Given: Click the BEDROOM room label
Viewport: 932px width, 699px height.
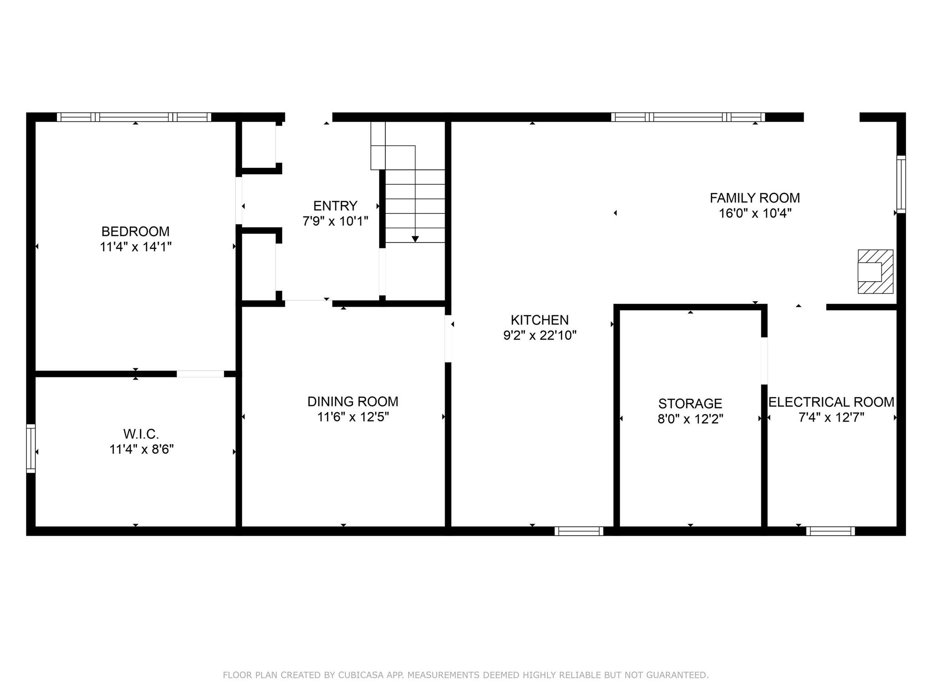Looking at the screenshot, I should click(x=135, y=231).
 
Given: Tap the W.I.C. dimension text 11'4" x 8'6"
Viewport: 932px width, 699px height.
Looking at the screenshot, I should click(x=142, y=449).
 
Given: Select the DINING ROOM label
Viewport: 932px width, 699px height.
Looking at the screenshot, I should click(x=353, y=401).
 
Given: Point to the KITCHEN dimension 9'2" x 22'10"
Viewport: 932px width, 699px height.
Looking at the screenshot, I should click(x=540, y=335).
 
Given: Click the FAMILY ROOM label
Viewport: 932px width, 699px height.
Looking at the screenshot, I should click(x=755, y=198).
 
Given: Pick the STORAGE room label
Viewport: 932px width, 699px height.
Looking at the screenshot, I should click(x=690, y=404).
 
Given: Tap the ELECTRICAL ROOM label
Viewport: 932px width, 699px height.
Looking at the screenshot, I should click(x=831, y=402).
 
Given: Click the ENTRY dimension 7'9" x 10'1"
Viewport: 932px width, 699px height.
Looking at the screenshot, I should click(x=335, y=221).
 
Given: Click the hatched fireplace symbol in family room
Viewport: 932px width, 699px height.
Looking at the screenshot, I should click(x=875, y=271).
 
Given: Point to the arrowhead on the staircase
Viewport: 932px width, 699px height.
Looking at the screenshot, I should click(x=415, y=239).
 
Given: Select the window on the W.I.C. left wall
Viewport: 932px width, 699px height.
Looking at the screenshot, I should click(x=30, y=448).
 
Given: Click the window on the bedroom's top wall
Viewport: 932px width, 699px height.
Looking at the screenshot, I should click(x=134, y=117).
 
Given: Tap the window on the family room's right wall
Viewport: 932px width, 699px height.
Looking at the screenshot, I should click(x=901, y=184).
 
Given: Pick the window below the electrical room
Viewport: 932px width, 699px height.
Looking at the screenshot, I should click(x=830, y=531).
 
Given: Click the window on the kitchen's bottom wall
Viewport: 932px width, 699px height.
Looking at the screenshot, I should click(x=578, y=531).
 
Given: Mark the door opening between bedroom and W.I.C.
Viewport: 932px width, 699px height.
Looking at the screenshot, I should click(x=200, y=374).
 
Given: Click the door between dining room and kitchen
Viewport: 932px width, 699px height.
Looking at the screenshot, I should click(x=448, y=339).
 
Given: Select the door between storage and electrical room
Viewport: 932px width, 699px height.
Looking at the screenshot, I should click(x=764, y=360).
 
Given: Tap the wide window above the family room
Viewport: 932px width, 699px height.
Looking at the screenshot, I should click(x=688, y=117).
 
